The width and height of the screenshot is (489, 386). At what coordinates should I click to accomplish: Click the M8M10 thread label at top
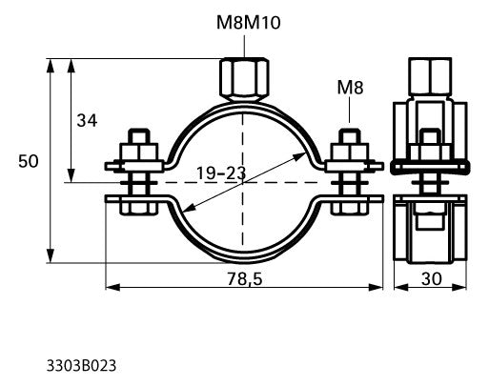pos(249,23)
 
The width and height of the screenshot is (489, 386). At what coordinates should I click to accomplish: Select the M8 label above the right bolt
pos(350,88)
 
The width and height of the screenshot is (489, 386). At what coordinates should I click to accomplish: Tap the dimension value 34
pos(87,121)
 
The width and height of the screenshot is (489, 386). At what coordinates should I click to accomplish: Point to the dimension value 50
pos(29,161)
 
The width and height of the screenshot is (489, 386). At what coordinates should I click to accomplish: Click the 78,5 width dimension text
pos(245,279)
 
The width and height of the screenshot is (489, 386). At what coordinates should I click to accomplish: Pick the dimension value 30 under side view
pos(432,279)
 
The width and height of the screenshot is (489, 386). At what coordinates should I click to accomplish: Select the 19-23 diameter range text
pos(221,173)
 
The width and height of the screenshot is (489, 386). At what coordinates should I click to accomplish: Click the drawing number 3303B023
pos(81,366)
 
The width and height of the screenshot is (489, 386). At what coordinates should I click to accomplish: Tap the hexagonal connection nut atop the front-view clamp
pos(244,80)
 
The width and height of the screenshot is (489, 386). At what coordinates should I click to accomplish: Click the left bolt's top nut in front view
pos(139,152)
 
